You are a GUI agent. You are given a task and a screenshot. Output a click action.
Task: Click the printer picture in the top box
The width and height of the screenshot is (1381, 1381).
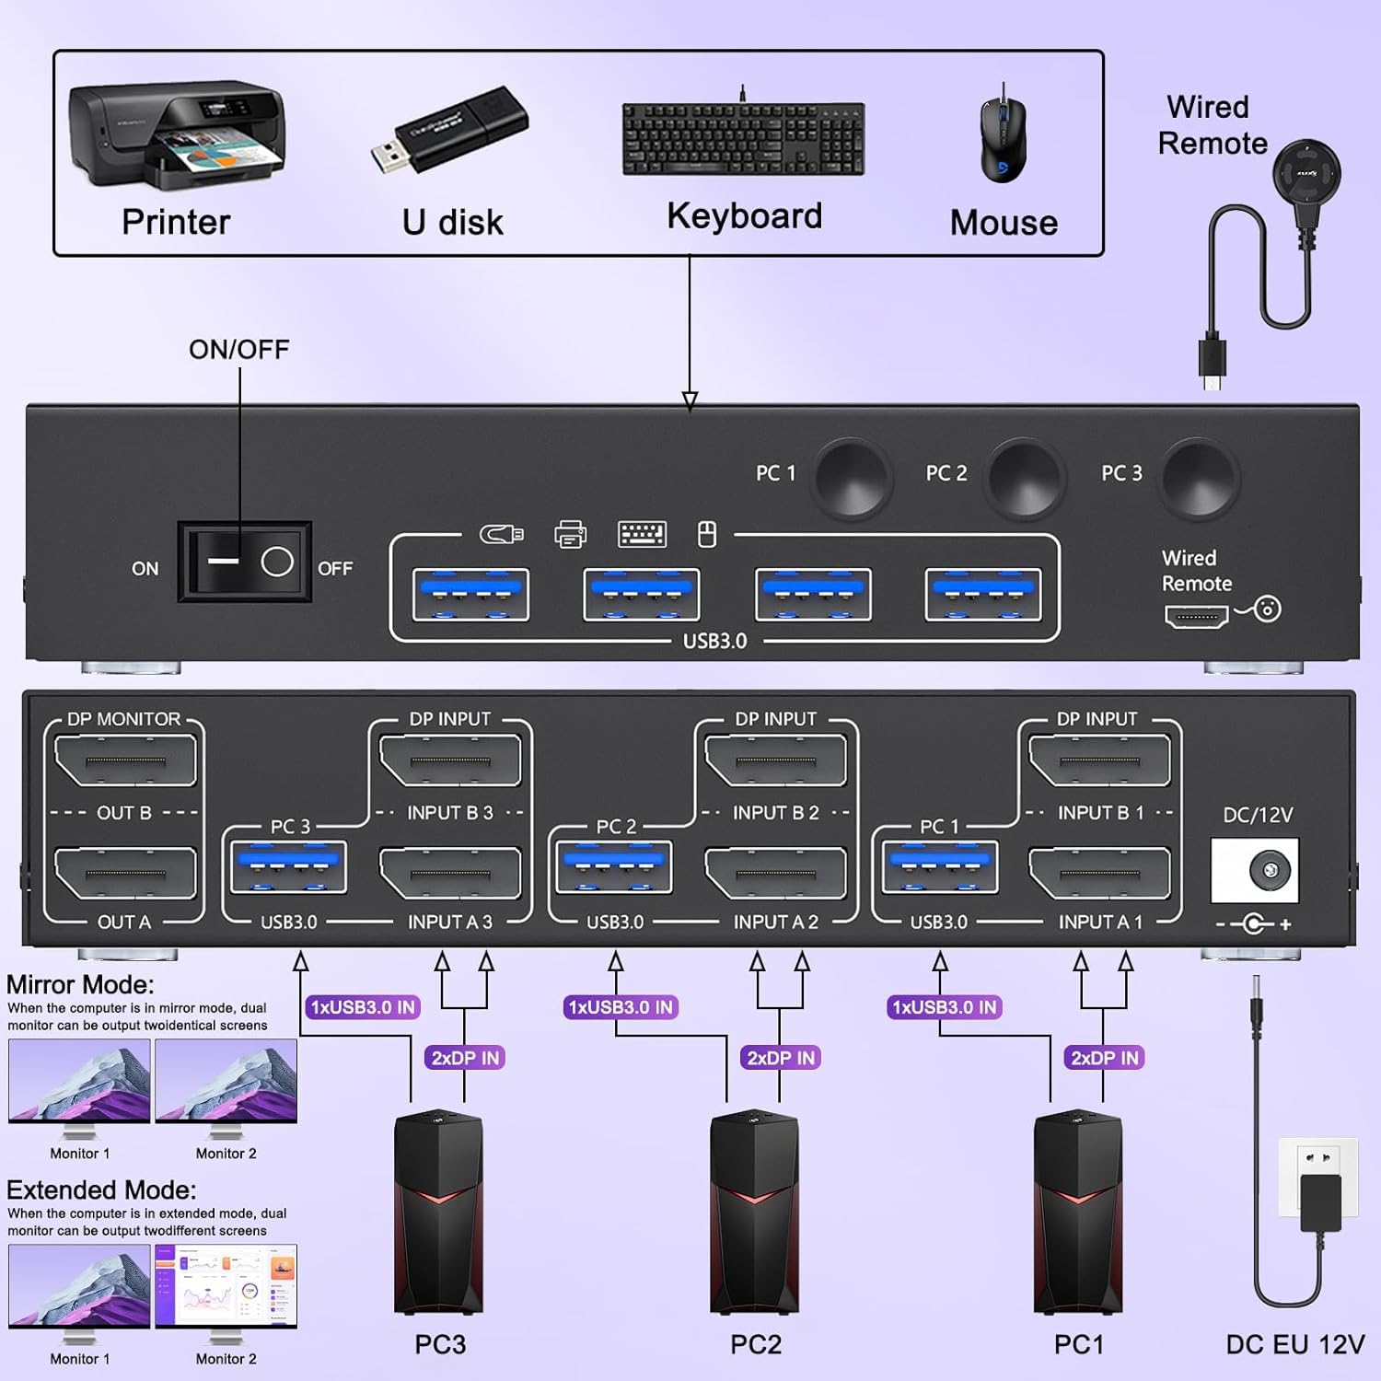point(176,133)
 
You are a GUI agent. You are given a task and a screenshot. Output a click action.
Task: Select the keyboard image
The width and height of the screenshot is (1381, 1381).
point(743,138)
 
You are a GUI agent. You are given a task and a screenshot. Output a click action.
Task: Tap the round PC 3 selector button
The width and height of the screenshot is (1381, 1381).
point(1199,477)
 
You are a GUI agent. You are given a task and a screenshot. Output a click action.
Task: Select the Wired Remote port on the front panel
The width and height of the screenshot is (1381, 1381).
point(1196,616)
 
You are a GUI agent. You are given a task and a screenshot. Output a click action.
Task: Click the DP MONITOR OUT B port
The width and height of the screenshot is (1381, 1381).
point(125,760)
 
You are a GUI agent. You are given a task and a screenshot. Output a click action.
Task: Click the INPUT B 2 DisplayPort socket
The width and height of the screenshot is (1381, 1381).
point(775,760)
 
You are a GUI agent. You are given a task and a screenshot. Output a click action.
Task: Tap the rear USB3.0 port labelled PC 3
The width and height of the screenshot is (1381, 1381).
point(289,867)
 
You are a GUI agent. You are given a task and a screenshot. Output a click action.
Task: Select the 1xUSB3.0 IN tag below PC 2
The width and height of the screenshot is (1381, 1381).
point(621,1007)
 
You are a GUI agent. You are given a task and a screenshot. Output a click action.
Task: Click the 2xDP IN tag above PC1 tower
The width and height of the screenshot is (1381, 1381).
point(1105,1058)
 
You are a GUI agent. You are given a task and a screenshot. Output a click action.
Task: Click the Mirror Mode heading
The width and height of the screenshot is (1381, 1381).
point(80,984)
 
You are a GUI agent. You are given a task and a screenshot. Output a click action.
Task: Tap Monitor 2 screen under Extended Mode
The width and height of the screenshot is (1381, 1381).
point(226,1285)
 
